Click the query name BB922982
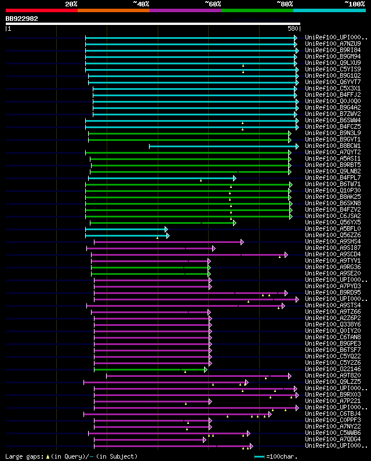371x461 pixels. (22, 19)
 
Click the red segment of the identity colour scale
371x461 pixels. (41, 10)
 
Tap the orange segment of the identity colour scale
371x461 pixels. (113, 10)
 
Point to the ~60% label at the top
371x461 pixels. (213, 3)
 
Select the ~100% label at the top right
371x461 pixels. (354, 3)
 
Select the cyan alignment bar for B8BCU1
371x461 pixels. (223, 146)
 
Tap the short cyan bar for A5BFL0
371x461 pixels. (126, 229)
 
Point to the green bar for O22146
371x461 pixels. (150, 369)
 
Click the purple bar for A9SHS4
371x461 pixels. (168, 242)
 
